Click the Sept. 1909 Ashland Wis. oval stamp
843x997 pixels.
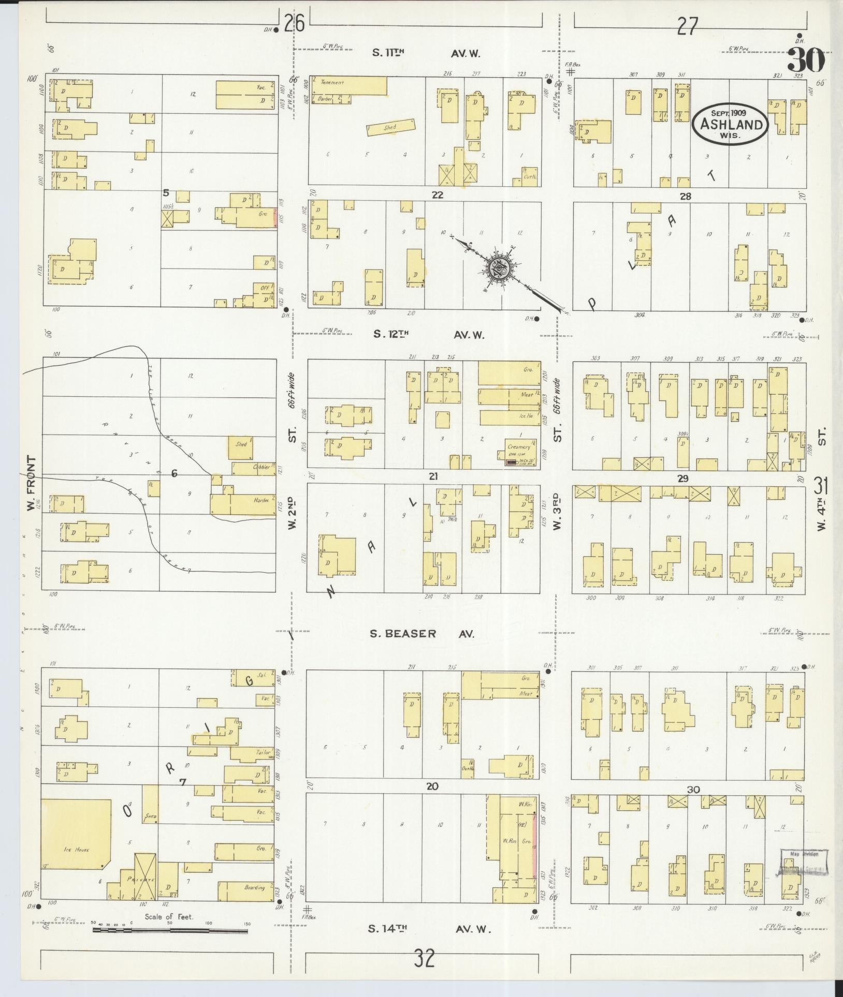point(731,123)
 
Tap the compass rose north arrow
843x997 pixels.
point(500,269)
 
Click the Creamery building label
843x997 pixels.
point(519,446)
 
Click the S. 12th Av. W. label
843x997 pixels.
point(428,335)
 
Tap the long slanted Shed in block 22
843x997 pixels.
point(390,127)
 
